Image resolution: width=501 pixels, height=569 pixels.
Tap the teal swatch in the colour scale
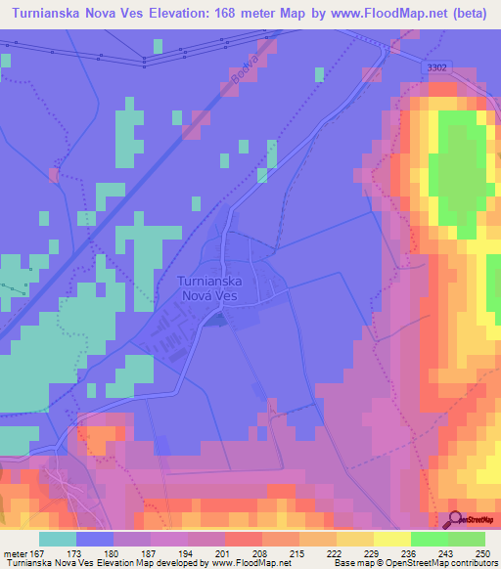tap(58, 539)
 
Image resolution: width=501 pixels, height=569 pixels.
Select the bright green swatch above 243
tap(430, 539)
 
